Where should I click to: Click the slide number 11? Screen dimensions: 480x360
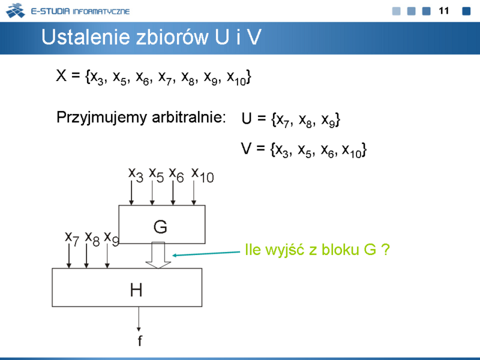coord(443,11)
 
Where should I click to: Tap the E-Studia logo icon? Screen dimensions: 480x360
coord(16,10)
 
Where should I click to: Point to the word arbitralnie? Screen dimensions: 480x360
coord(188,117)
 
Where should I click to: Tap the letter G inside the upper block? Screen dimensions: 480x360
coord(160,227)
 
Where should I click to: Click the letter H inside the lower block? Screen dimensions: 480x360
coord(136,290)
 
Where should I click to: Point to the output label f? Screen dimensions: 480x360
coord(140,340)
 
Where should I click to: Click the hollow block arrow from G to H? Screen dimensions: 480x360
coord(158,255)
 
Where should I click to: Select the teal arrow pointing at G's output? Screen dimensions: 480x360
coord(206,254)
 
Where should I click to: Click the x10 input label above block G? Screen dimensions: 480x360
coord(202,175)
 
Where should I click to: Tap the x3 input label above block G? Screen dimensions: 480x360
coord(136,175)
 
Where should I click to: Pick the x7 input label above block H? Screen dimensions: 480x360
coord(72,238)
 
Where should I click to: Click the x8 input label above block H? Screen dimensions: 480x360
coord(92,238)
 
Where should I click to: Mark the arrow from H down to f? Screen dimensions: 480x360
coord(139,319)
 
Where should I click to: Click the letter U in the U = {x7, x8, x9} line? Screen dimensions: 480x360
coord(247,118)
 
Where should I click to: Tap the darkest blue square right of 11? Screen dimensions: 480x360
coord(466,11)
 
